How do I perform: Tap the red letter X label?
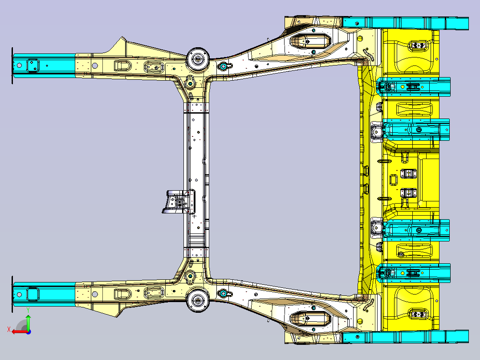[9, 329]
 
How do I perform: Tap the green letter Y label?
[28, 310]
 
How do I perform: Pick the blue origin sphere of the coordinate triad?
[28, 332]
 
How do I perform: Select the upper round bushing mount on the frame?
[198, 58]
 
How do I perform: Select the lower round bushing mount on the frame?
[198, 300]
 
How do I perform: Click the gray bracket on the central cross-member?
[179, 201]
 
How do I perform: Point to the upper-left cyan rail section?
[45, 65]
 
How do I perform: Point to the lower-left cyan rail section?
[45, 295]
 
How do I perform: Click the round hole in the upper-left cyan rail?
[19, 65]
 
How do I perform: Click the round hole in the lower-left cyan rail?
[19, 295]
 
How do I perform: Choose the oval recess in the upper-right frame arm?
[310, 41]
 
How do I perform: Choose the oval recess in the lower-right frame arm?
[310, 319]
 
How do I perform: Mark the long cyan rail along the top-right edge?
[406, 23]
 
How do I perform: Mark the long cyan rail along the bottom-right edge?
[406, 337]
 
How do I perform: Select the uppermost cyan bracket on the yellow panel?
[413, 87]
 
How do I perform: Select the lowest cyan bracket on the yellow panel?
[413, 273]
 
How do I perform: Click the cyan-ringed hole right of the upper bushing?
[224, 66]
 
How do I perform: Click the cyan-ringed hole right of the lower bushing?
[224, 294]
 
